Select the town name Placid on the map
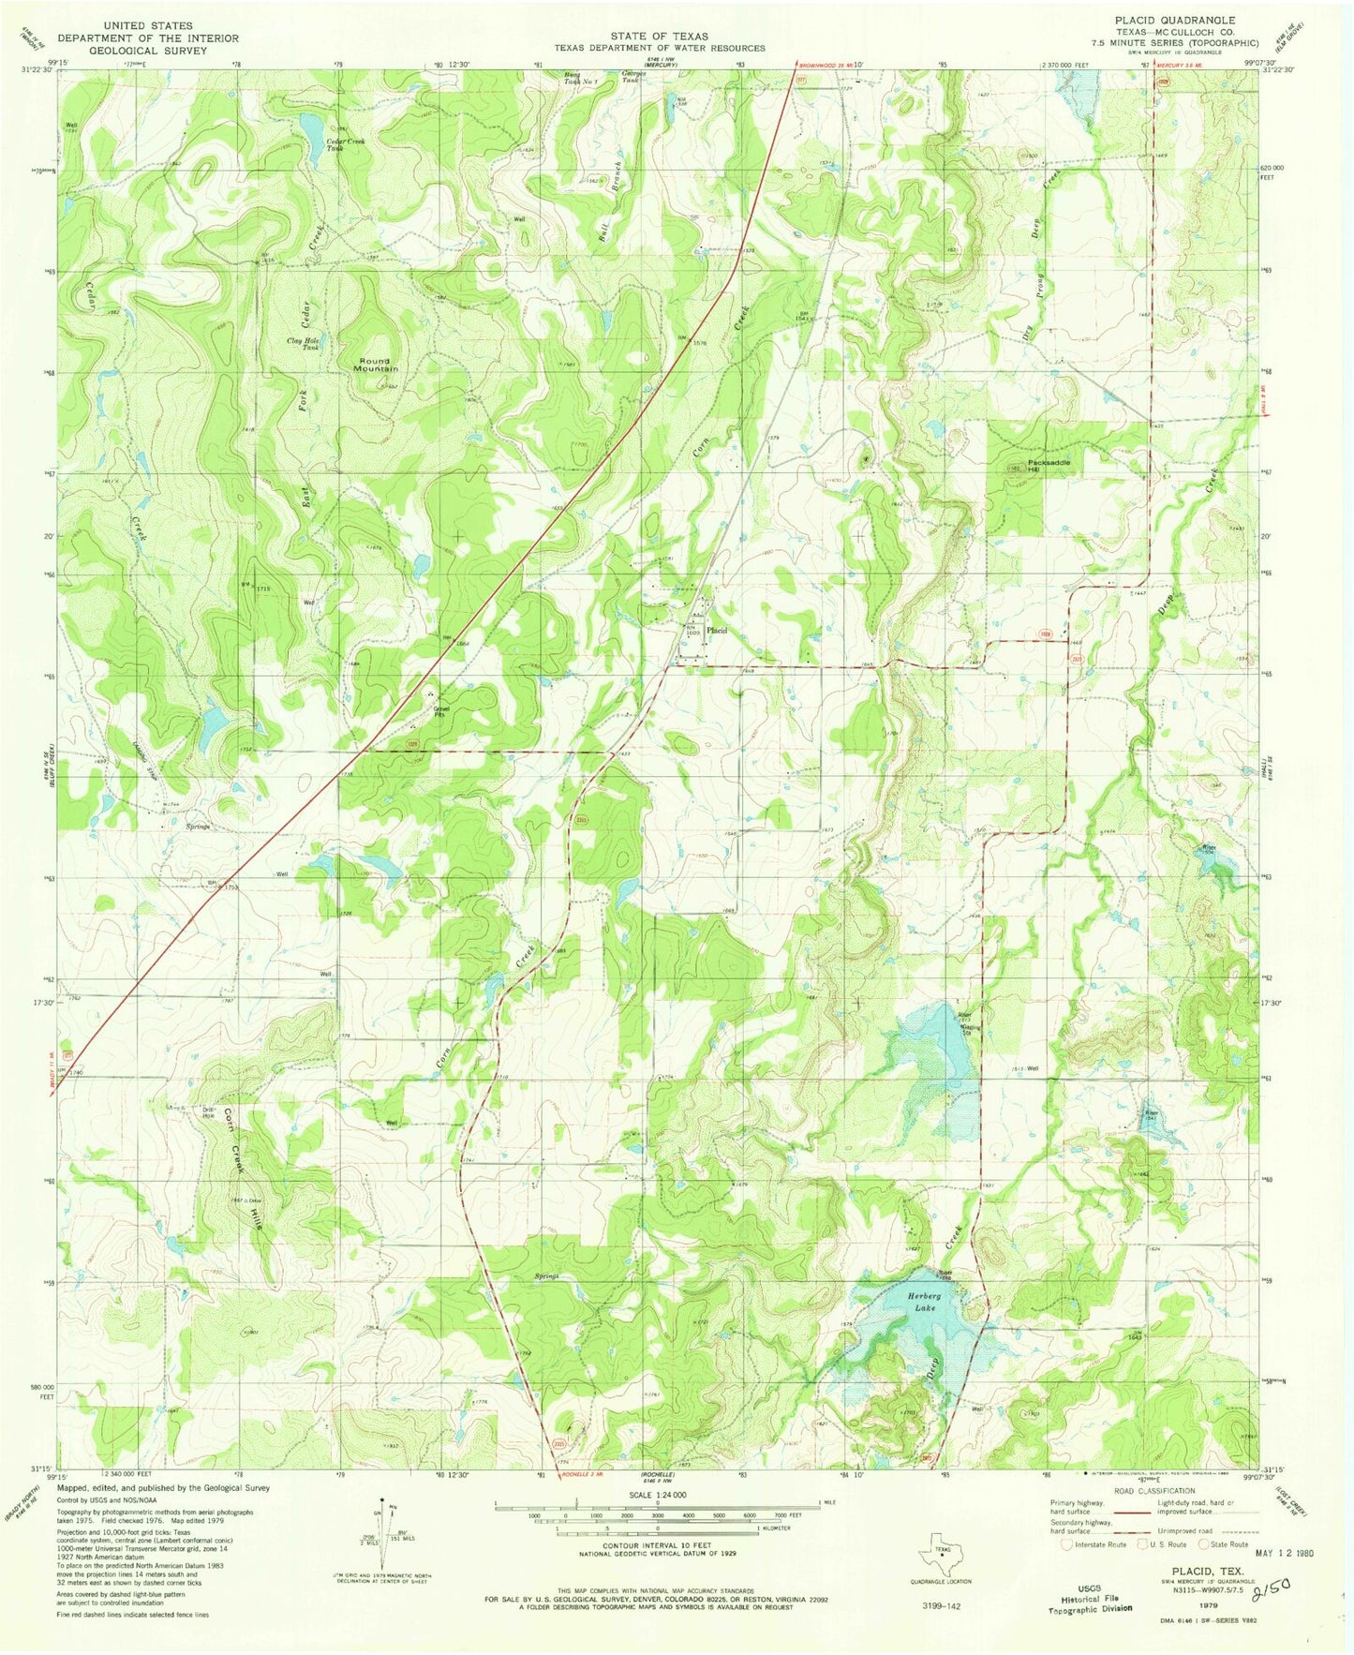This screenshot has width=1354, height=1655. point(717,630)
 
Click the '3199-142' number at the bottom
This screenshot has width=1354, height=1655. point(939,1605)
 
